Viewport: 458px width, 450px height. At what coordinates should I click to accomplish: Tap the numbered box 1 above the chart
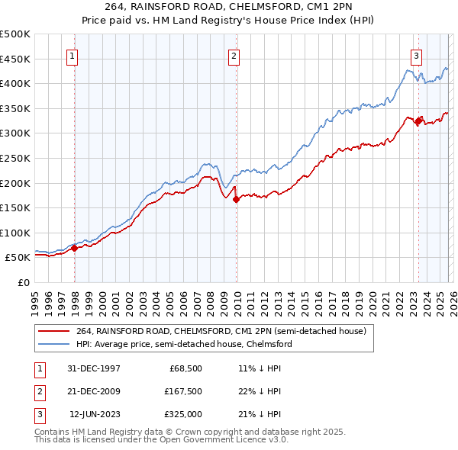[x=72, y=55]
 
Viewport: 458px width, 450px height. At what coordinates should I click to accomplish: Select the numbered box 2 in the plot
[x=234, y=55]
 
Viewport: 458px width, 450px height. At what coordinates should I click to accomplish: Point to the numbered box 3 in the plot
[x=416, y=55]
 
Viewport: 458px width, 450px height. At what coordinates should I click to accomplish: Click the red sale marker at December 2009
[x=237, y=199]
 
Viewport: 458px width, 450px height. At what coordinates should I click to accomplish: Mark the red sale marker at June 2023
[x=418, y=121]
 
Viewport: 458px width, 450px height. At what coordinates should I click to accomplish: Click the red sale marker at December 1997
[x=75, y=248]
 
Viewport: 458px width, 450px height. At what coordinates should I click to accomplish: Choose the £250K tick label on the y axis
[x=15, y=158]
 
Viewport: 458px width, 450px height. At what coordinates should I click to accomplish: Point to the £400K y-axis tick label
[x=15, y=83]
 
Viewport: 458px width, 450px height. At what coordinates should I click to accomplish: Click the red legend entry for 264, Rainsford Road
[x=221, y=331]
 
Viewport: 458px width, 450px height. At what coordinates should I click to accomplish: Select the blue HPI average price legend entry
[x=184, y=345]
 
